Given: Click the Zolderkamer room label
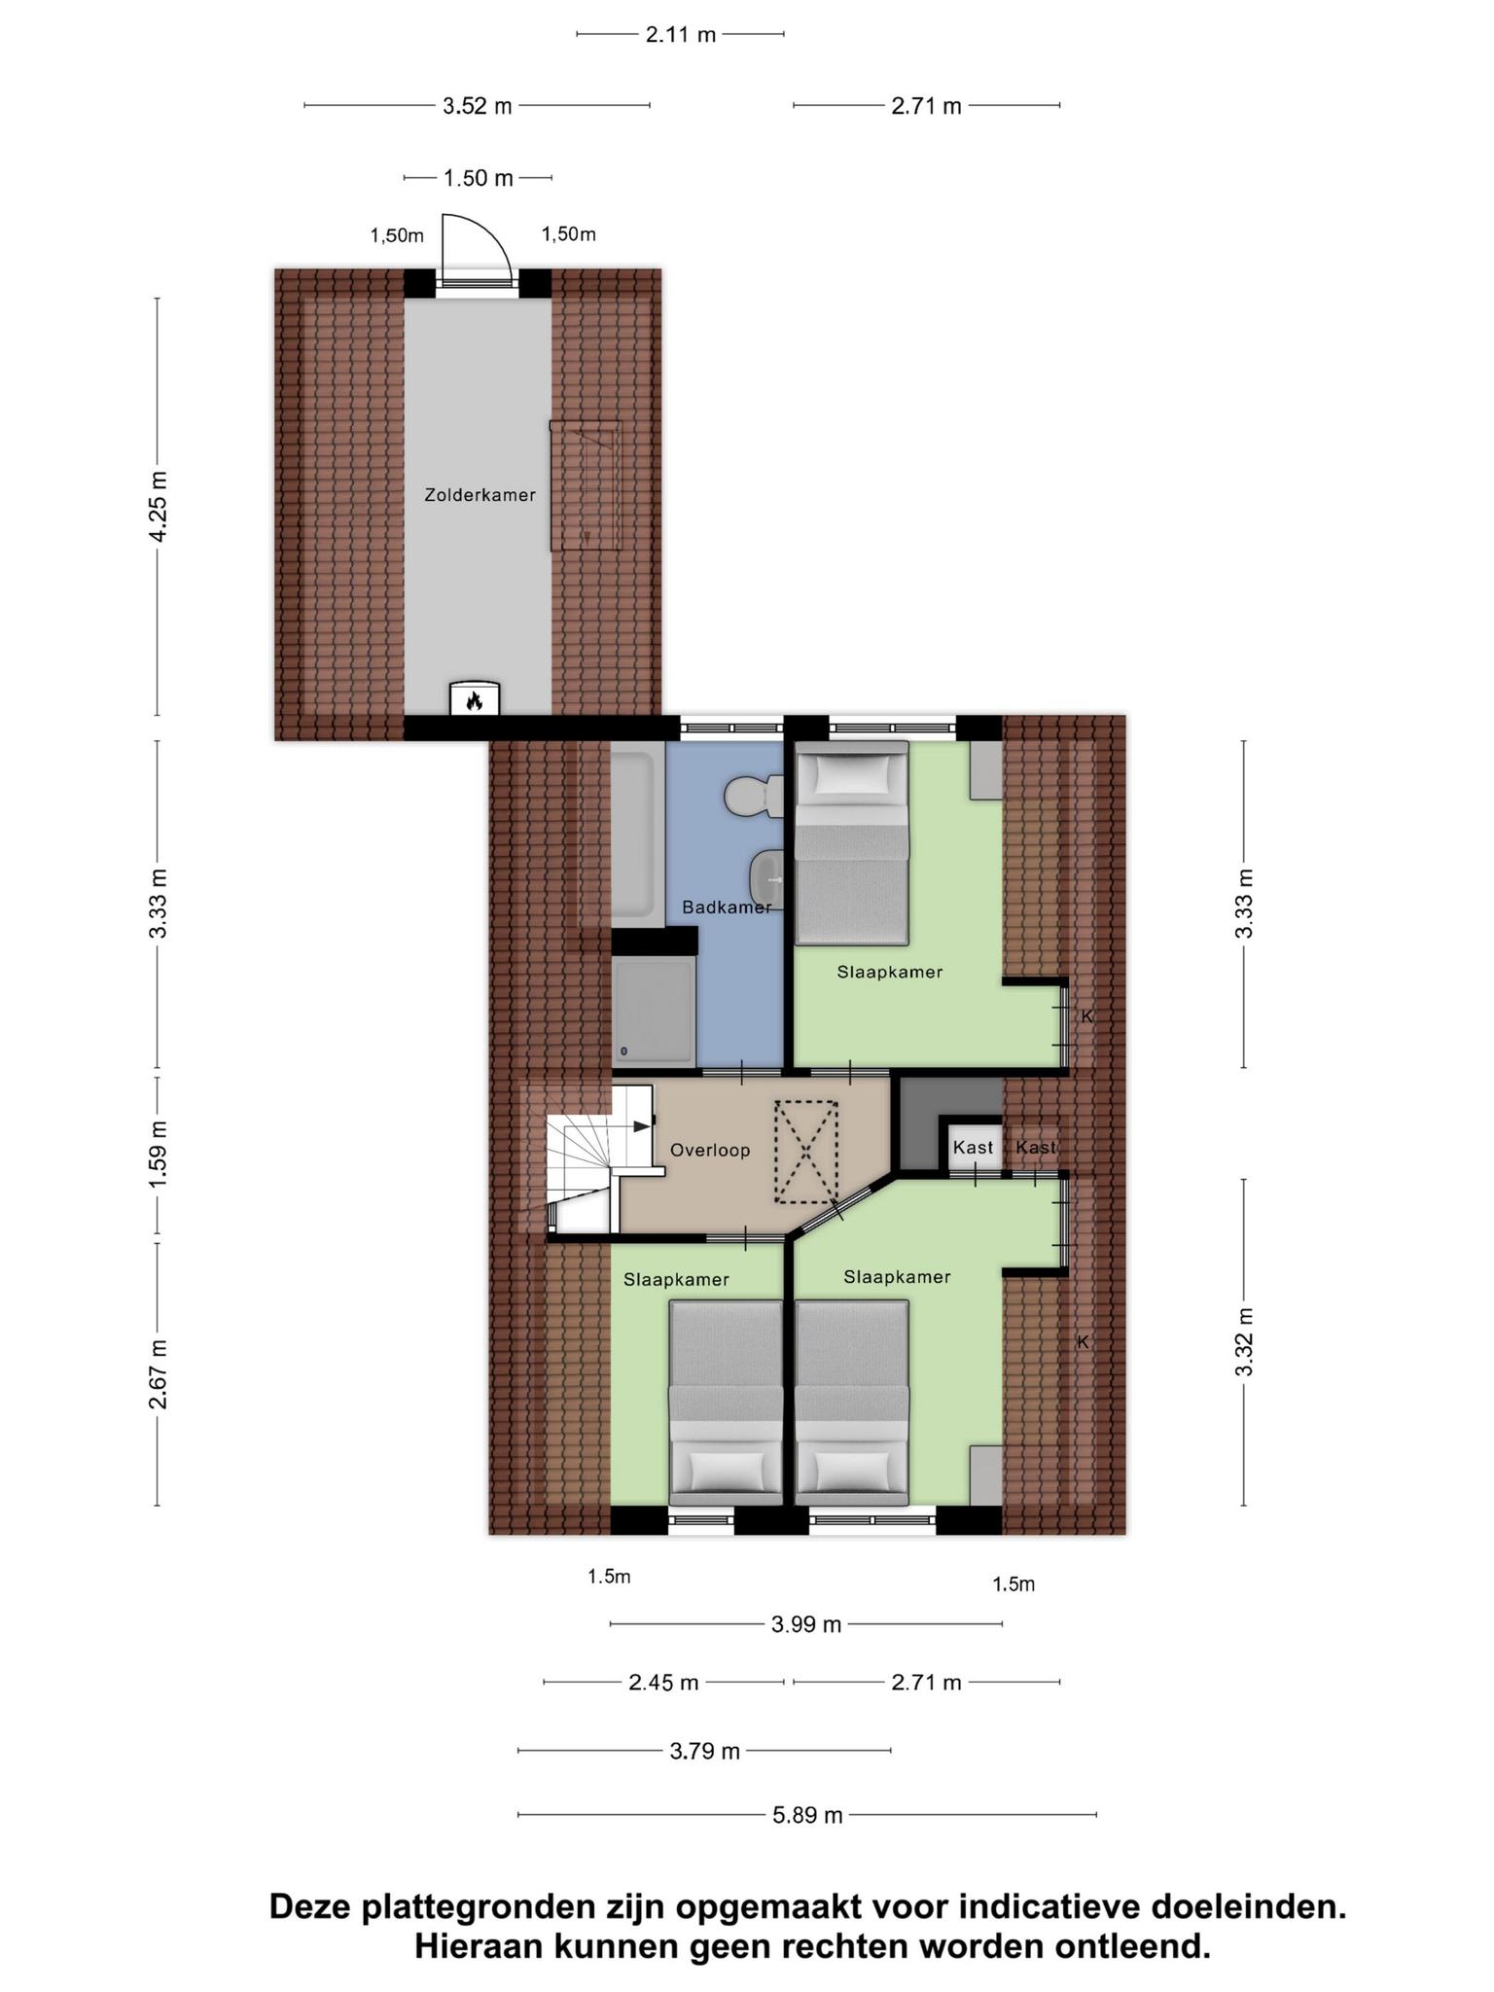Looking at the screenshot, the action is click(x=480, y=495).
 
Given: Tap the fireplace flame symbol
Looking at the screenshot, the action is click(x=475, y=700).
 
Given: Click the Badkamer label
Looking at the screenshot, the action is click(x=727, y=907).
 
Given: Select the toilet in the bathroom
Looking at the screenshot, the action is click(x=754, y=797).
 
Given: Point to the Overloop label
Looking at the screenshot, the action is click(x=710, y=1151).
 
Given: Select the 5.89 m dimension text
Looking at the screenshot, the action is click(x=807, y=1815).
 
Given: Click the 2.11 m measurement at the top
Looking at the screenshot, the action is click(x=681, y=35).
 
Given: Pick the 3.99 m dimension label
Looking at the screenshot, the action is click(x=806, y=1624).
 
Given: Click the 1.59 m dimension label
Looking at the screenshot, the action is click(x=160, y=1153).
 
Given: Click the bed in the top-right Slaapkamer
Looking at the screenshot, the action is click(x=852, y=842).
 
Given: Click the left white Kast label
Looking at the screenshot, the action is click(x=973, y=1148).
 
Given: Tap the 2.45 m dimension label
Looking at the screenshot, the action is click(x=663, y=1683).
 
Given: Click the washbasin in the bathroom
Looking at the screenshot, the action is click(x=768, y=878).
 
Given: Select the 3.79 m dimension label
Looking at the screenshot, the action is click(x=705, y=1752).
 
